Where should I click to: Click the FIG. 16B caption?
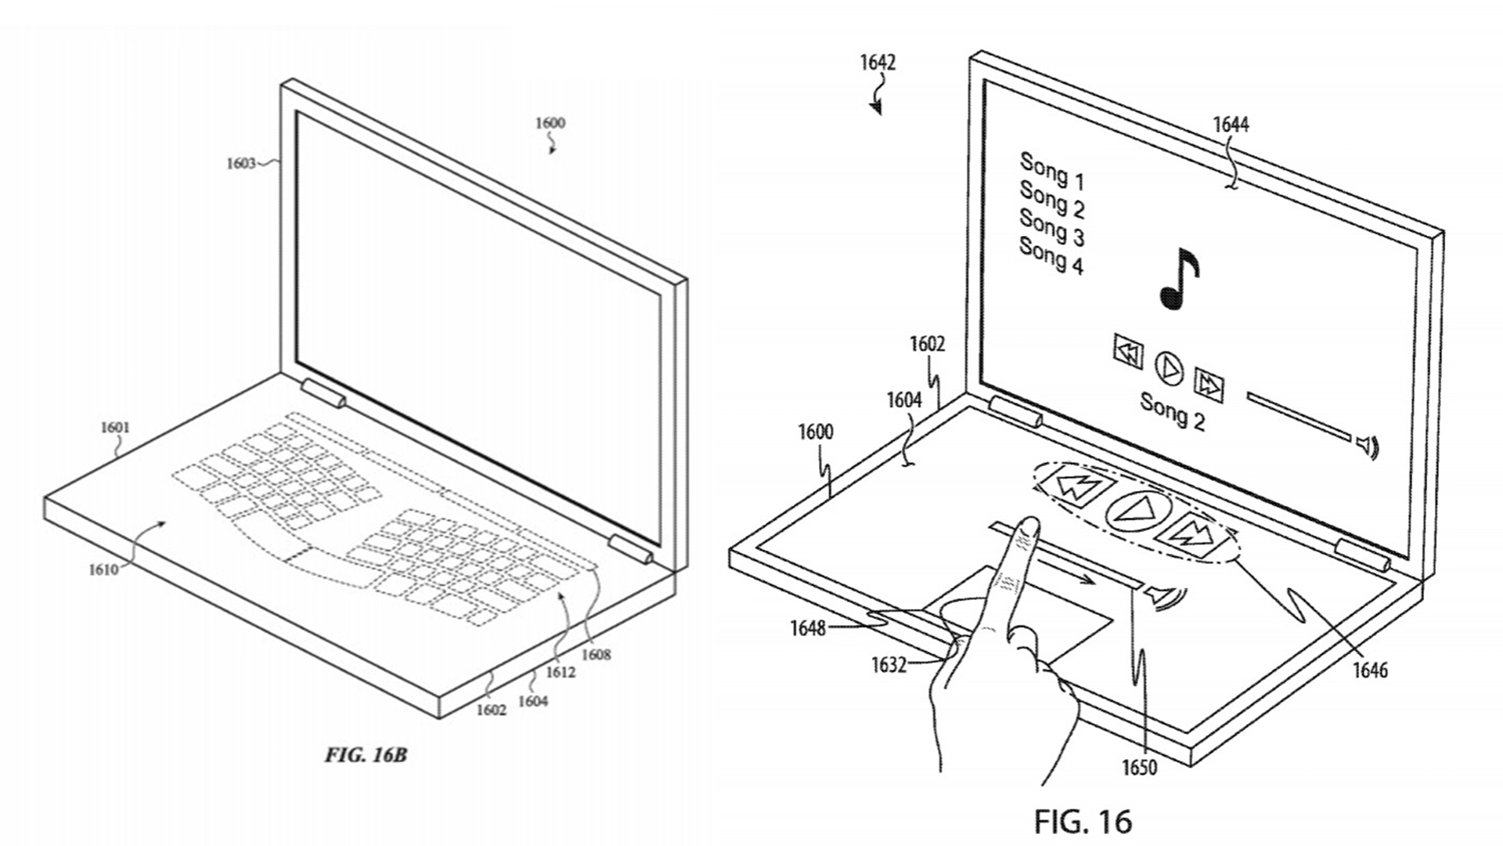[x=366, y=755]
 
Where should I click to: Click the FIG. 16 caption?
[x=1083, y=821]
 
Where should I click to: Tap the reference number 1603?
[x=241, y=163]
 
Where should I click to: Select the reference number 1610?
[x=103, y=569]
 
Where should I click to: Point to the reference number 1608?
[x=596, y=655]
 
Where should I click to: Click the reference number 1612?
[x=560, y=671]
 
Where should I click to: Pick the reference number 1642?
[x=878, y=62]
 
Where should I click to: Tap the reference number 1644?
[x=1231, y=125]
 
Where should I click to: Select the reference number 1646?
[x=1370, y=670]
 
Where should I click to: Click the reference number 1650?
[x=1139, y=767]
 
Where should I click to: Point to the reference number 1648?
[x=808, y=627]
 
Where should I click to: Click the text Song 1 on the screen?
[x=1052, y=172]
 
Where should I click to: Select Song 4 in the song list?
[x=1051, y=256]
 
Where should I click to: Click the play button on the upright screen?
[x=1170, y=367]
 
